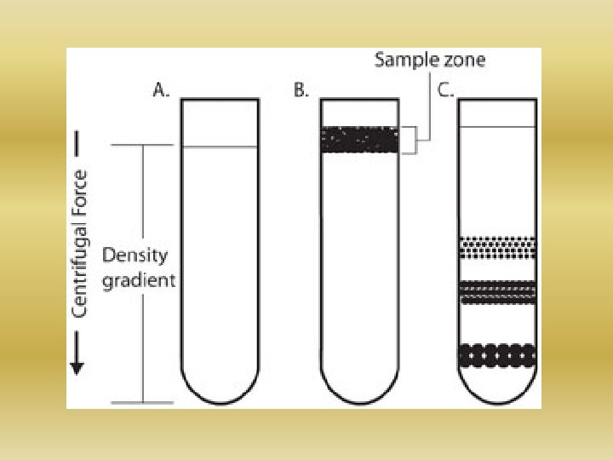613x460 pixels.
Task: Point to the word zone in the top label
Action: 462,60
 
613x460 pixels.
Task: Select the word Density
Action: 135,255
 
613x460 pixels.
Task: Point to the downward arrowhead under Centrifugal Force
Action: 77,367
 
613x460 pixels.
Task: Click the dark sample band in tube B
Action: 359,140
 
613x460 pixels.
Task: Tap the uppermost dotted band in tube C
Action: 497,247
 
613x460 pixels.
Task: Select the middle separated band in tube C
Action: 497,292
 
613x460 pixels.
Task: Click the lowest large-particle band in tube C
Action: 497,354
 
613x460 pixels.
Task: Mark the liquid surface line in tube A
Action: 220,147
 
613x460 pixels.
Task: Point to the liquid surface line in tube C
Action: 497,127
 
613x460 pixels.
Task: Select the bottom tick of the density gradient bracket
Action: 143,401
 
